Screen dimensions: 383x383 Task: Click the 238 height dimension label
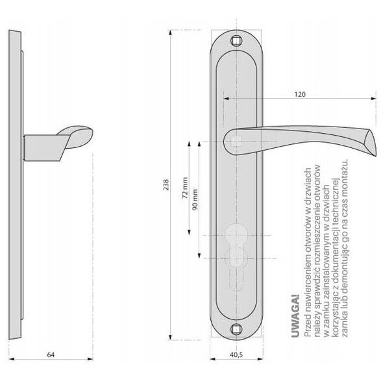coord(166,185)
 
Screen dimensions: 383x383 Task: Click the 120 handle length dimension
coord(300,94)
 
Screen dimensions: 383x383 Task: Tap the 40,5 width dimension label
coord(236,355)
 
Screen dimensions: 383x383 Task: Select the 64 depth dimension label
coord(51,354)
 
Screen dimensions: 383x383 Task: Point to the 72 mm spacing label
coord(185,188)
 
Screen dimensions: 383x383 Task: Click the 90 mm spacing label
coord(195,199)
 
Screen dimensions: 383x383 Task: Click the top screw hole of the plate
coord(236,40)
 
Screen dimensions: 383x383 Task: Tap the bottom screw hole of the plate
coord(236,329)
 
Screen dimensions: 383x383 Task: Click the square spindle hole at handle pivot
coord(236,141)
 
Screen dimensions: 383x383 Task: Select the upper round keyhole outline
coord(236,233)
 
